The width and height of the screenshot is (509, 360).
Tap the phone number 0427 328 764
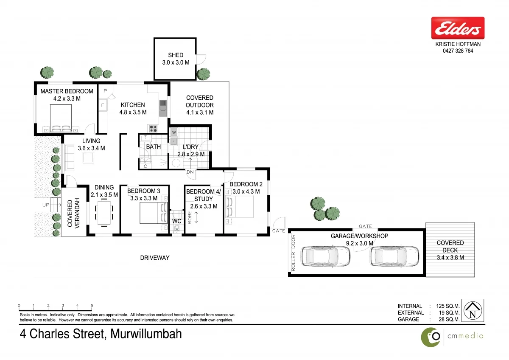[457, 51]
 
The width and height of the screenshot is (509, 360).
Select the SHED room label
[176, 55]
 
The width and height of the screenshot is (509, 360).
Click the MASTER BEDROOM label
[67, 91]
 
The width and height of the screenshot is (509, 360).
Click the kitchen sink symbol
[163, 108]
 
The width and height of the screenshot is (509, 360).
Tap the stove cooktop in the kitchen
[153, 129]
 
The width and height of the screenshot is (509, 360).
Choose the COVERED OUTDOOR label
[199, 101]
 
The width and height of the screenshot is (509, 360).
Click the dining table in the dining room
[104, 212]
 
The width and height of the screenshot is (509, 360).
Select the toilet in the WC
[177, 230]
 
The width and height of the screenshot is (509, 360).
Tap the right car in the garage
[394, 256]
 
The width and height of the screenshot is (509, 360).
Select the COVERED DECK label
[450, 246]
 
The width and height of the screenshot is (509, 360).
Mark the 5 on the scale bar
[92, 306]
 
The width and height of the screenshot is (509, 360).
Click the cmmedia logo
[452, 336]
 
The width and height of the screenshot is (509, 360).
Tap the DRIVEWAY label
[155, 258]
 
